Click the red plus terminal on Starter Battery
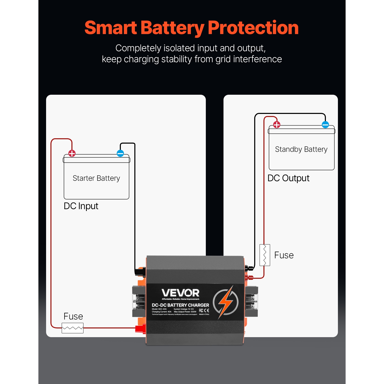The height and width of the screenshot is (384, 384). [x=72, y=154]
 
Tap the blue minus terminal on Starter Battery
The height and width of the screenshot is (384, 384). [x=120, y=153]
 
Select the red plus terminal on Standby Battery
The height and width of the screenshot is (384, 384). [x=277, y=125]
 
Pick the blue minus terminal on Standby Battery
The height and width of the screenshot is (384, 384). [x=325, y=125]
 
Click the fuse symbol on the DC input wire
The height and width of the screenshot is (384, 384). [x=72, y=328]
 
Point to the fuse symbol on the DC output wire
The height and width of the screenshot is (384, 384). [x=265, y=255]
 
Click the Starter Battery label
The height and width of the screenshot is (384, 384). [x=96, y=178]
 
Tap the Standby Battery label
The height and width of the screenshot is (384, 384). [x=301, y=149]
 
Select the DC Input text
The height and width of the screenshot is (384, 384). [x=81, y=206]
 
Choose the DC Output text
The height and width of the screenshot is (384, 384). [x=288, y=178]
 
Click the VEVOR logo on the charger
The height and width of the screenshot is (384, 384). [x=180, y=293]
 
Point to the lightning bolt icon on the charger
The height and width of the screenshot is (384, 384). [x=226, y=302]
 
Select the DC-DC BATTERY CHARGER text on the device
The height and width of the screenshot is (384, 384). [x=180, y=305]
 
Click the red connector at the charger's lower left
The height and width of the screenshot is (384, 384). [x=140, y=329]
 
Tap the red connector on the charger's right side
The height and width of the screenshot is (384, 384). [x=249, y=278]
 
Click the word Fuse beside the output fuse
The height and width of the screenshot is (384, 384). [x=284, y=255]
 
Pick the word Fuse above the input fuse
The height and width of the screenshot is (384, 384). [x=73, y=316]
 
